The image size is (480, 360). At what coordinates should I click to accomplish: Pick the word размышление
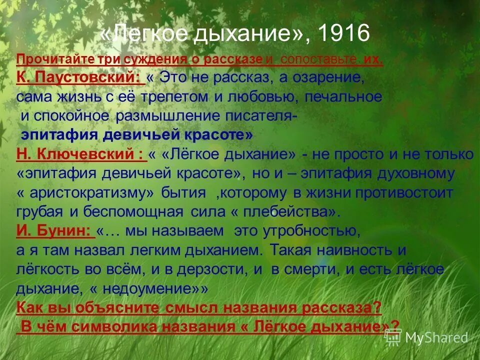coord(170,116)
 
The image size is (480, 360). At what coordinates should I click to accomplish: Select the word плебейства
coord(285,211)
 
